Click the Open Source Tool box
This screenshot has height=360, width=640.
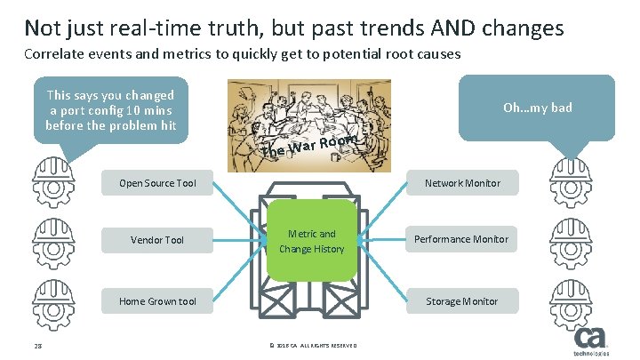point(158,184)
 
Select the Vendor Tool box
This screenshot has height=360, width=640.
point(158,240)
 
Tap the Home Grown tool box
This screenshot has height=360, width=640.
point(158,301)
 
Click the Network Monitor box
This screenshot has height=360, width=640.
point(462,184)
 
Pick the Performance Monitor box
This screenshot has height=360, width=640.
point(462,240)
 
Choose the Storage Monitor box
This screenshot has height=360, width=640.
point(462,301)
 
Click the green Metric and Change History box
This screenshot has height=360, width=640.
point(311,242)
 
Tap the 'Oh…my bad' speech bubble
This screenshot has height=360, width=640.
point(537,108)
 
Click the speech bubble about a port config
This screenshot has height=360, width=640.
point(111,110)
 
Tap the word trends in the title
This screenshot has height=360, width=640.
point(368,28)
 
